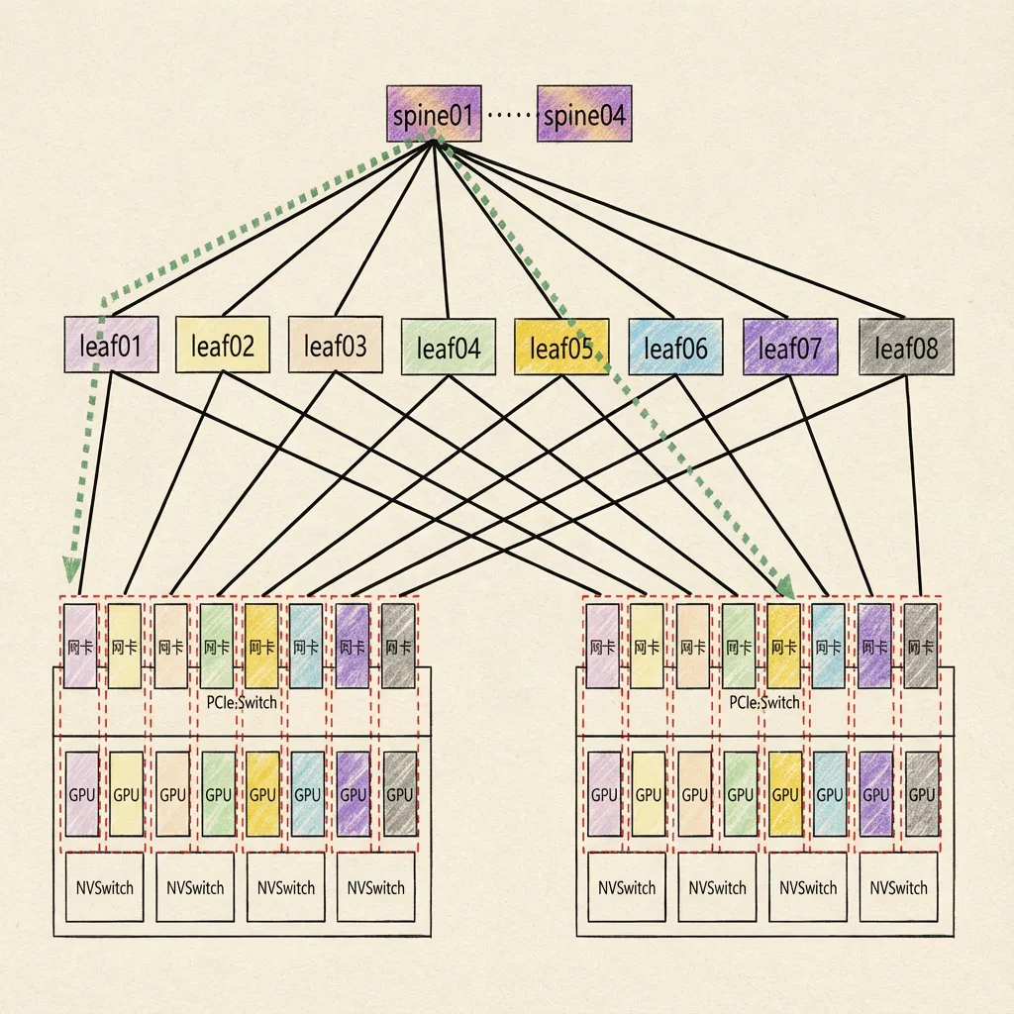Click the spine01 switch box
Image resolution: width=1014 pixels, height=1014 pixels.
pos(433,114)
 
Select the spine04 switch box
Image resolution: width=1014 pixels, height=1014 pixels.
pos(584,114)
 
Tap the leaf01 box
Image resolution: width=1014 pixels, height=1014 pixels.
pos(111,345)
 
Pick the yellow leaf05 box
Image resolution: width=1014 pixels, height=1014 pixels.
pos(560,347)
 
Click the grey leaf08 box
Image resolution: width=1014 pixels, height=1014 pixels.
pos(906,347)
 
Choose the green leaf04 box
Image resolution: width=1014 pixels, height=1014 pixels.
pos(449,348)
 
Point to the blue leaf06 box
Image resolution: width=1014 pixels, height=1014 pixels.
pos(675,347)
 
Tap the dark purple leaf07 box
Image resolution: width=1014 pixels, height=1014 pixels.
pos(789,347)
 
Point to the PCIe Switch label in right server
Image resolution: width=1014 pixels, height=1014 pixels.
pos(763,701)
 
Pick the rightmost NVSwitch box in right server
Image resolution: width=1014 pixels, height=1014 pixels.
pos(899,887)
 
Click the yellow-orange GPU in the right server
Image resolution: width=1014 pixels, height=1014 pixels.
pos(784,793)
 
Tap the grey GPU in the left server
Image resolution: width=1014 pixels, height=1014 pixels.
pos(399,793)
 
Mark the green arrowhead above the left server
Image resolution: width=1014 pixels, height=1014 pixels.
pos(71,568)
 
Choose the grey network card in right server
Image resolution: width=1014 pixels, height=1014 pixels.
pos(921,646)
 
